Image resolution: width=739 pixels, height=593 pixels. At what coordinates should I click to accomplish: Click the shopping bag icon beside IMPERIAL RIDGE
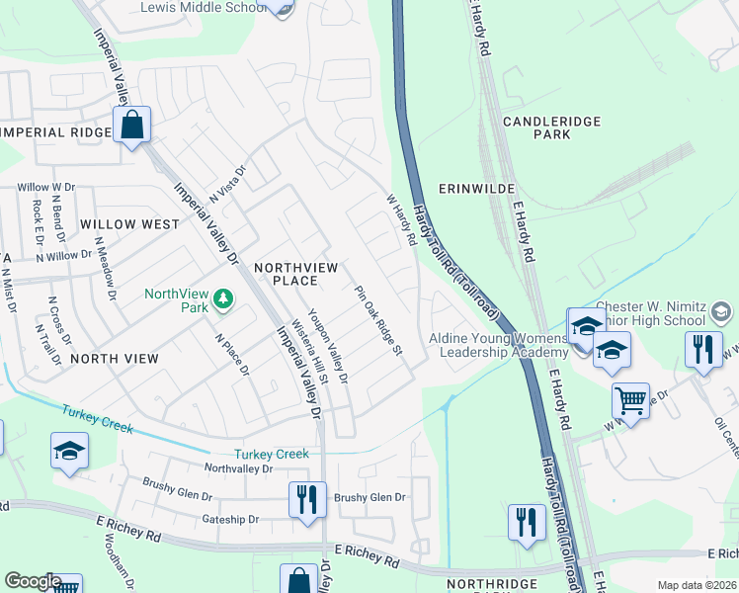tap(131, 126)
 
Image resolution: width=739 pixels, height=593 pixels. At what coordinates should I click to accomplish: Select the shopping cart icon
tap(630, 401)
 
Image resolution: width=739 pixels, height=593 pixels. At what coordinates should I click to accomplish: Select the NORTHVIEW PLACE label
tap(296, 275)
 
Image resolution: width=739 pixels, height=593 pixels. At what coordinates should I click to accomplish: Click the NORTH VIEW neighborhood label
tap(114, 359)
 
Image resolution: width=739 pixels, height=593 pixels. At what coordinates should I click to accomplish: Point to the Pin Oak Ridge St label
tap(379, 321)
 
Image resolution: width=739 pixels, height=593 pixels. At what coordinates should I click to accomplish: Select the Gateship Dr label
tap(229, 519)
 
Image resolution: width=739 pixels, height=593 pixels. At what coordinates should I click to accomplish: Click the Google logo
tap(32, 581)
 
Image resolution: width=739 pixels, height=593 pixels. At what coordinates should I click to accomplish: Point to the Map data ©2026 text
tap(696, 585)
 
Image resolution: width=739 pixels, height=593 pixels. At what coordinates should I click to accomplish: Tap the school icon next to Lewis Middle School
tap(284, 8)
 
